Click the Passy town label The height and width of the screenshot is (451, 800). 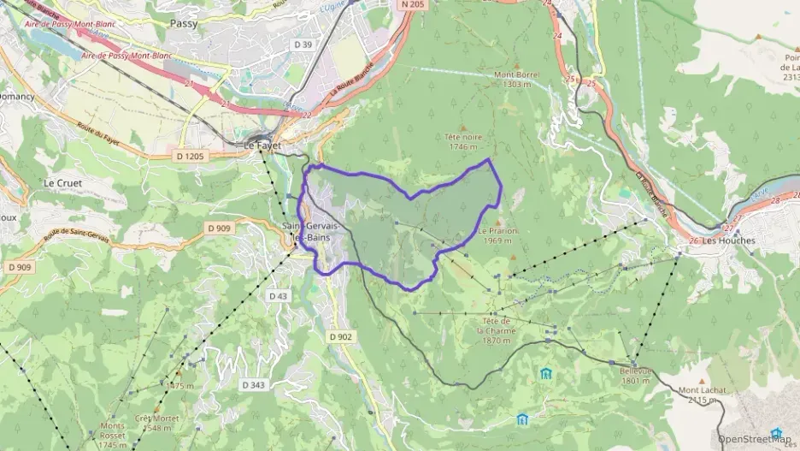[x=183, y=24]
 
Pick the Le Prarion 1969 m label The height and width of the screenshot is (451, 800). [x=499, y=235]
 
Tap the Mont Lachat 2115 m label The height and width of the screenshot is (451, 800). [x=698, y=395]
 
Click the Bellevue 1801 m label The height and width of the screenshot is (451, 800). [x=636, y=376]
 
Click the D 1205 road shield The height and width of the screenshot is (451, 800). [x=191, y=156]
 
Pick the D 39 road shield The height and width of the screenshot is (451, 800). [x=301, y=45]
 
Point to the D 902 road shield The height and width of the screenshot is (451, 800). [x=340, y=336]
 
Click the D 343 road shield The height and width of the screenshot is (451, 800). [x=254, y=384]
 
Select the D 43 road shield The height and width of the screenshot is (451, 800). [x=278, y=295]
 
